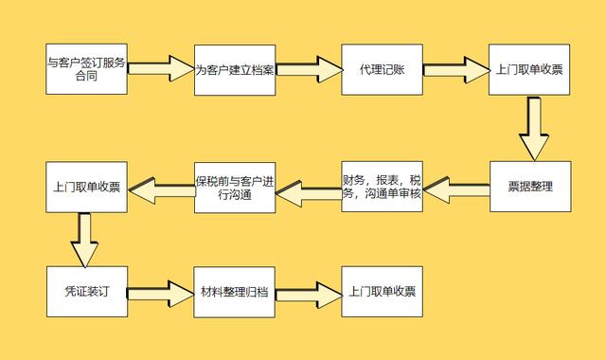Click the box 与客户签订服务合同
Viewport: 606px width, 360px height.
[86, 68]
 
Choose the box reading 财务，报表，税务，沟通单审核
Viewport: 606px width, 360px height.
[383, 187]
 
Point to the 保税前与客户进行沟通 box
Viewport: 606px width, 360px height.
[235, 187]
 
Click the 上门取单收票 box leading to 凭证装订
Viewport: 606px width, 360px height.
[86, 187]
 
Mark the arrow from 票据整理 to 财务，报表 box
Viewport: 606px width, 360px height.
[456, 190]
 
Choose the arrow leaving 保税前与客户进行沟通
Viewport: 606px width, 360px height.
[161, 190]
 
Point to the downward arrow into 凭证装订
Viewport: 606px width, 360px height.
[86, 239]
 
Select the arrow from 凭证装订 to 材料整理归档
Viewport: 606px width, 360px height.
[161, 291]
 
